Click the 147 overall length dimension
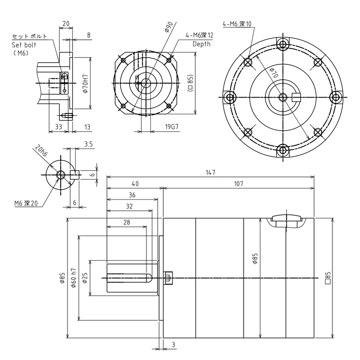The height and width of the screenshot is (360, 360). tap(211, 172)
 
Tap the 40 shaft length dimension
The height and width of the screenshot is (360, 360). tap(135, 184)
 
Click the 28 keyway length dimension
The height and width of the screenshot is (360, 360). tap(126, 222)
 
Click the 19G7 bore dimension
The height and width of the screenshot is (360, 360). tap(172, 127)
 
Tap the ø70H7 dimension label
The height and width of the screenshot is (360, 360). tap(85, 83)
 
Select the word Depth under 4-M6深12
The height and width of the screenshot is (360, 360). tap(201, 44)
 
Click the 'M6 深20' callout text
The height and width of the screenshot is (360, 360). tap(27, 203)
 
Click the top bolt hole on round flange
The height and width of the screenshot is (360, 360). tap(283, 44)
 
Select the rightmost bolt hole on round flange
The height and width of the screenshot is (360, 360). tap(336, 97)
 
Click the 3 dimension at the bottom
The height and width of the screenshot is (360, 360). tap(174, 345)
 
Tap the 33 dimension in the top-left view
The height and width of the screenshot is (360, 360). tap(58, 127)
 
